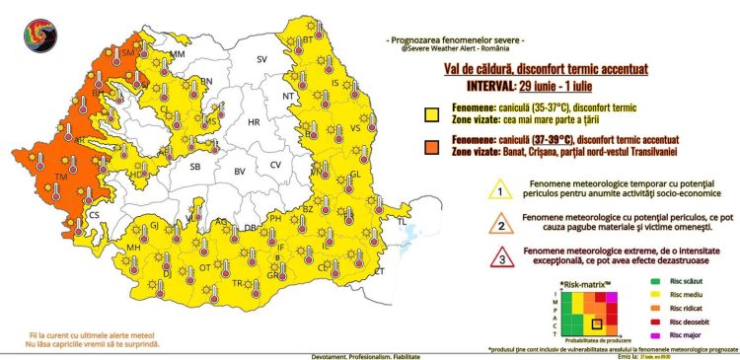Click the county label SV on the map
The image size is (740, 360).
[x=261, y=60]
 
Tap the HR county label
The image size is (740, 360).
[x=253, y=122]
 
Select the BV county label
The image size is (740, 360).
[x=239, y=172]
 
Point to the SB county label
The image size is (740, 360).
[x=195, y=169]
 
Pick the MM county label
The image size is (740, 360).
[x=178, y=53]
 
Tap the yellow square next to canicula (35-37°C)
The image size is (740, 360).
[x=431, y=113]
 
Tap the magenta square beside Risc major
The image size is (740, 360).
[x=636, y=335]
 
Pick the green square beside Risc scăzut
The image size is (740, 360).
[x=636, y=282]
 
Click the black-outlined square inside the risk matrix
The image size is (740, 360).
[x=596, y=324]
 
